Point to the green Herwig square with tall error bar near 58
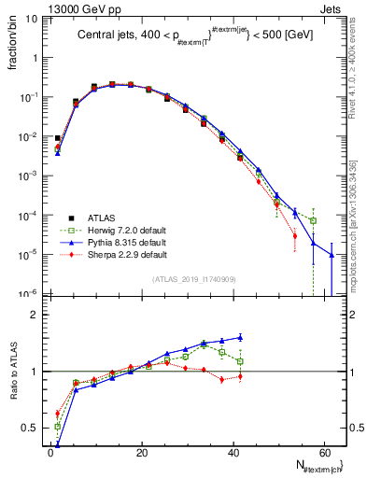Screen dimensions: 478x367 point(314,220)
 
